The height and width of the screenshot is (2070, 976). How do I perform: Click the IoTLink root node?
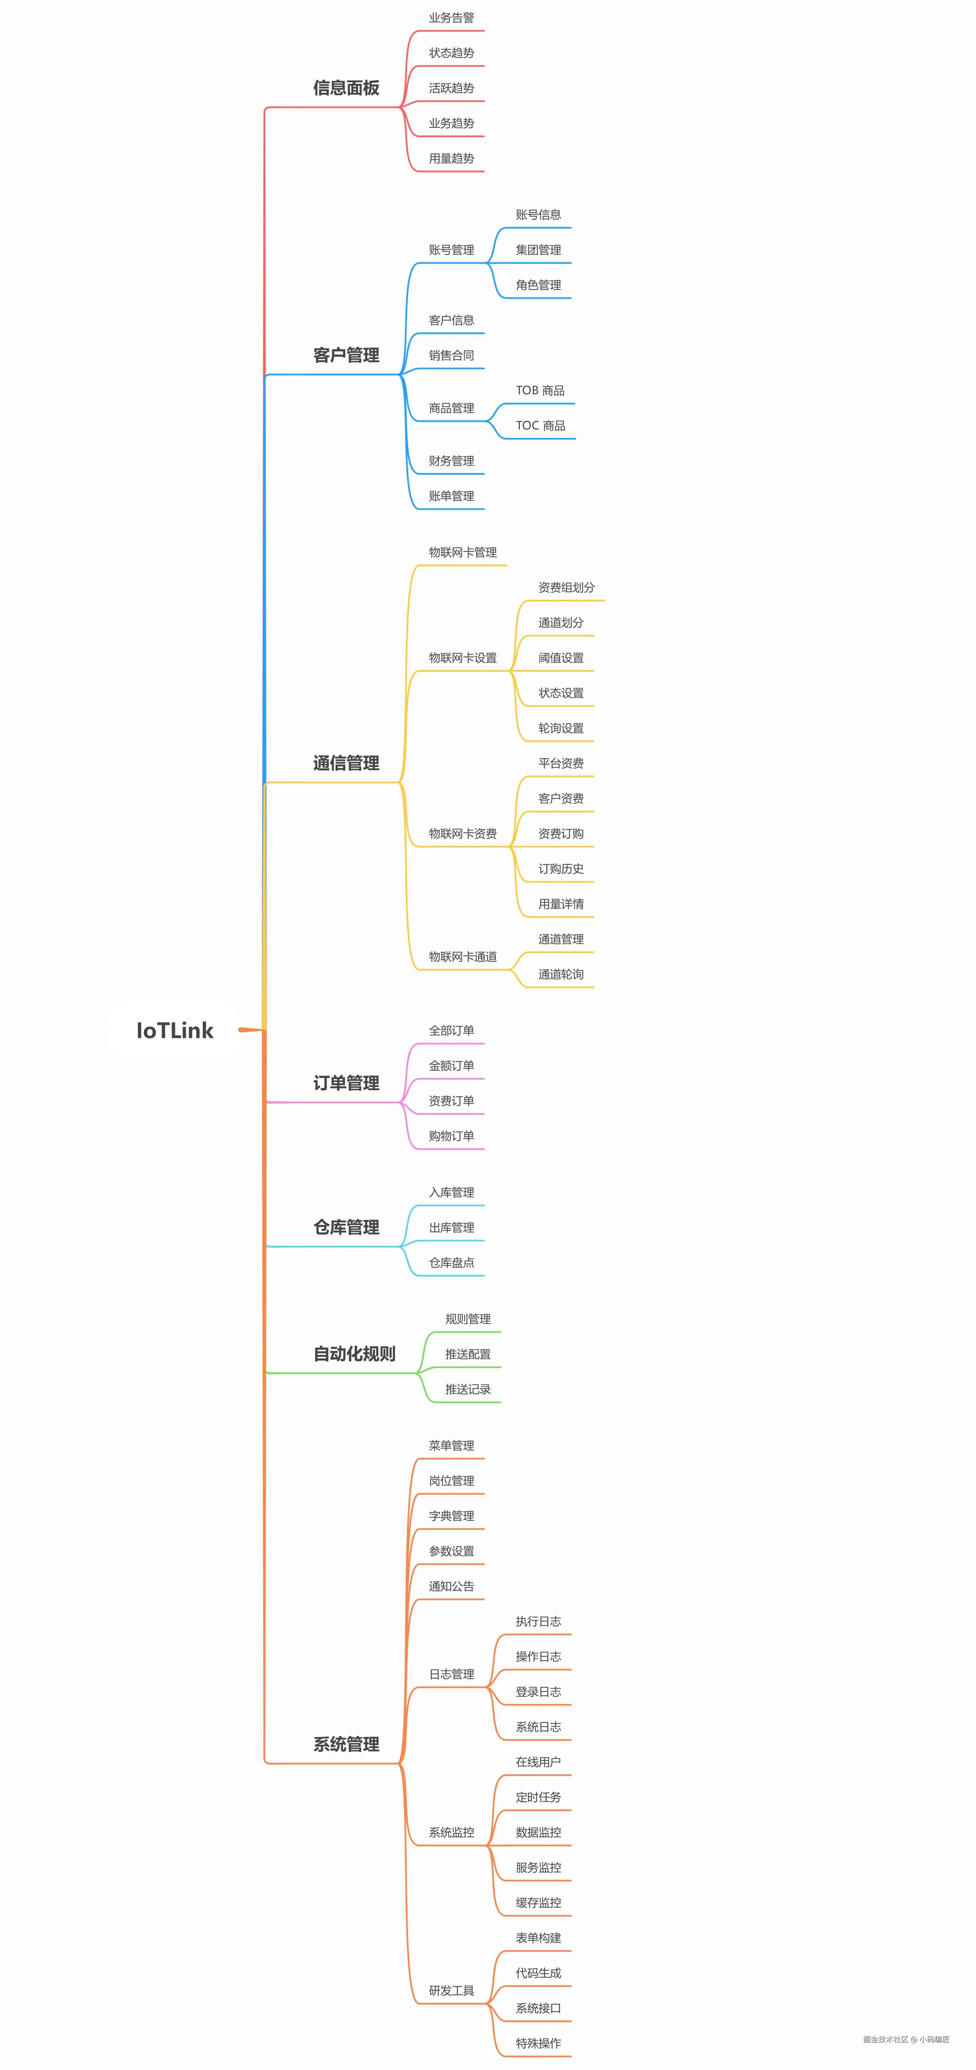174,1030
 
